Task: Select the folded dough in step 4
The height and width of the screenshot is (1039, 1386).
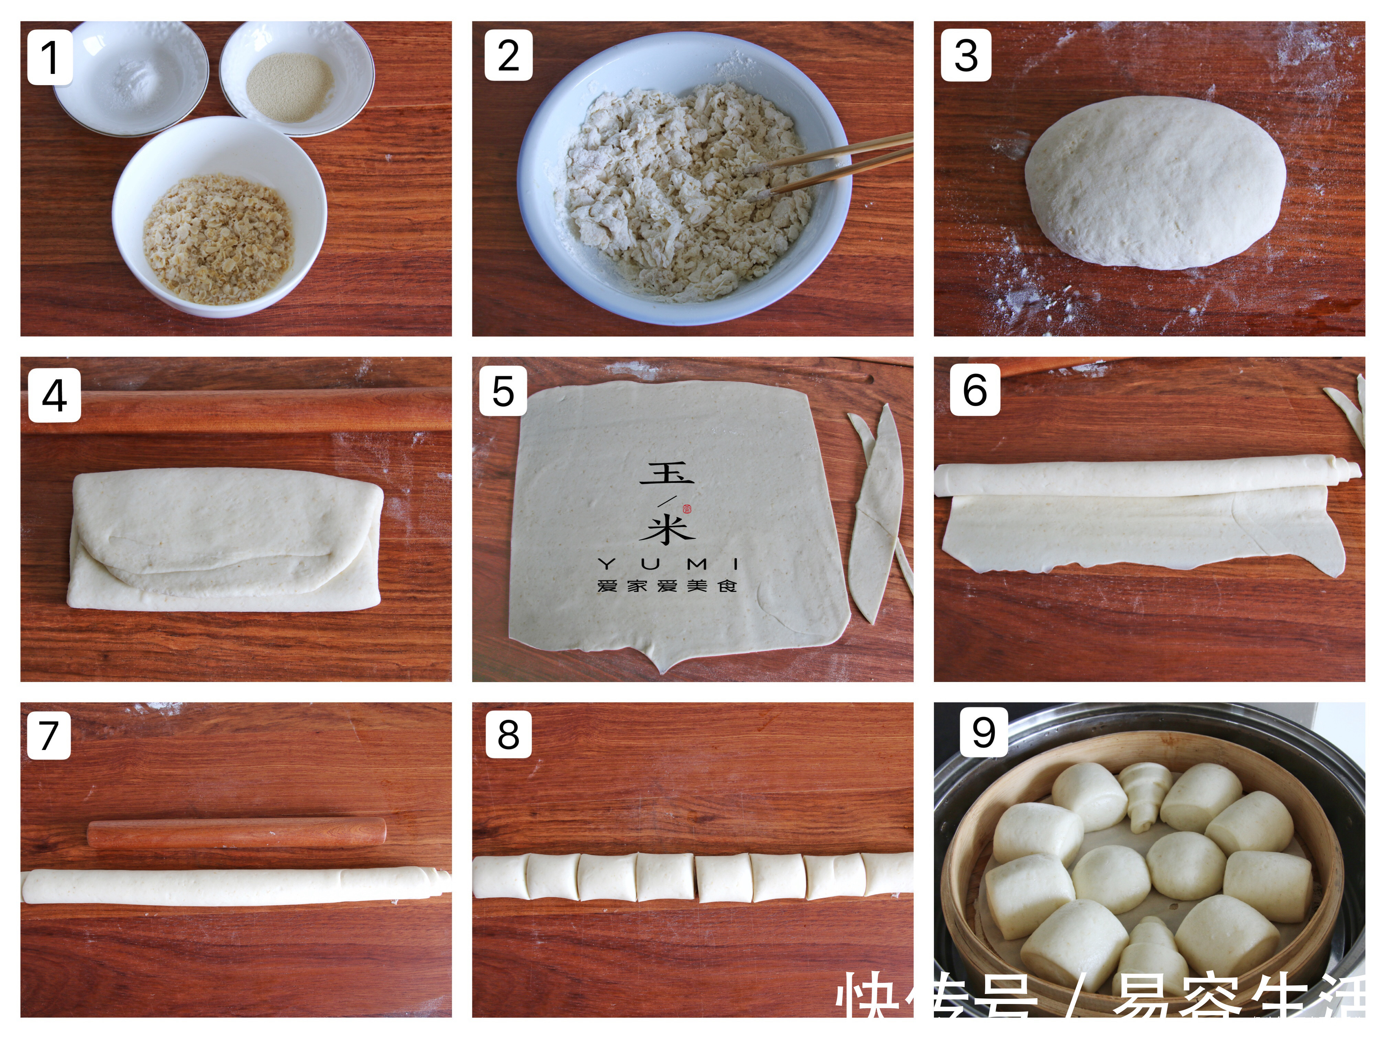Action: coord(225,539)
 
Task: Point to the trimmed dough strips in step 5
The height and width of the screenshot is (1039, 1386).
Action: coord(877,514)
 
